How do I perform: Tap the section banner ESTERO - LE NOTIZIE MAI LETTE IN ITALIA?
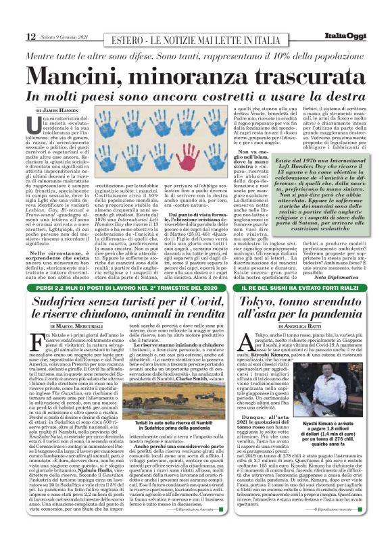pos(195,36)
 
